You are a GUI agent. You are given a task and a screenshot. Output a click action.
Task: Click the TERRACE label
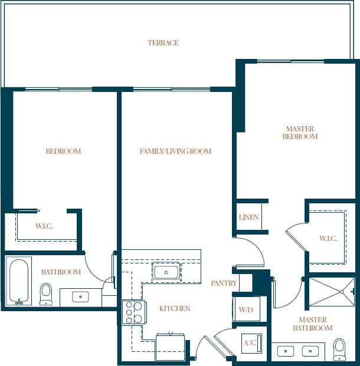click(163, 43)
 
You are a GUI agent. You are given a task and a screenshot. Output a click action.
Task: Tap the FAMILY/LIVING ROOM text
click(175, 151)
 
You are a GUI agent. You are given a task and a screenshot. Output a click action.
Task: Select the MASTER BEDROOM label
click(300, 133)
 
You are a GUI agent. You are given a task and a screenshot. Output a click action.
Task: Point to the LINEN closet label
click(248, 217)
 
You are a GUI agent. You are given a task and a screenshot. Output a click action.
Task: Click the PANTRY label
click(224, 283)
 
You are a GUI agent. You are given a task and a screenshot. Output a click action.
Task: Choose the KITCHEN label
click(175, 309)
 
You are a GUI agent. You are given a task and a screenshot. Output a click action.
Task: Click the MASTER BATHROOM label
click(313, 324)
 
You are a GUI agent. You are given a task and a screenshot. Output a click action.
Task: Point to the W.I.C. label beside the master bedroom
click(328, 239)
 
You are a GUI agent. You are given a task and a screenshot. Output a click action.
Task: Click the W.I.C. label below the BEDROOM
click(44, 226)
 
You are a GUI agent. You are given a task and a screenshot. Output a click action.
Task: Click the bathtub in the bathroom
click(19, 281)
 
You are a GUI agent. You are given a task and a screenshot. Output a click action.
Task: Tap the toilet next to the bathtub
click(46, 293)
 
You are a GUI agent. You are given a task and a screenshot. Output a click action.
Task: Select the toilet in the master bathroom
click(339, 348)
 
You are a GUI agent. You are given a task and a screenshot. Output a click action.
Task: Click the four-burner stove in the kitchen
click(133, 312)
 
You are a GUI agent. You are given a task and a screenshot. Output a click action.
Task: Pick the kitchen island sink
click(166, 272)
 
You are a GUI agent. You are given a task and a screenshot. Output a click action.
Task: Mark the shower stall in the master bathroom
click(331, 292)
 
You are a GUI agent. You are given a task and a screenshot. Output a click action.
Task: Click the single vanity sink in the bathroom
click(80, 296)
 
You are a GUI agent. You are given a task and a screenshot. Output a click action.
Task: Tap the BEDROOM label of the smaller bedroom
click(63, 151)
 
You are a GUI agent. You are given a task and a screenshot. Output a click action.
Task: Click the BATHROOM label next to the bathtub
click(61, 272)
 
